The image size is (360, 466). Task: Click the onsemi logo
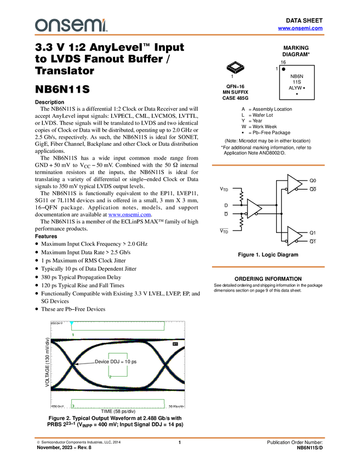pyautogui.click(x=71, y=25)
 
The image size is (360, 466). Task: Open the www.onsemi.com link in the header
pyautogui.click(x=300, y=28)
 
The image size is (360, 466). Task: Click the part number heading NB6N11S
pyautogui.click(x=62, y=89)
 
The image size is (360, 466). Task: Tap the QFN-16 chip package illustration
pyautogui.click(x=235, y=68)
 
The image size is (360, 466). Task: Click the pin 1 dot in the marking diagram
pyautogui.click(x=283, y=69)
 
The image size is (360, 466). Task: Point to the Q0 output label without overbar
pyautogui.click(x=313, y=180)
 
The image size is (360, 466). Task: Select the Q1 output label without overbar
pyautogui.click(x=313, y=232)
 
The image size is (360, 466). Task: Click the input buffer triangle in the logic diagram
pyautogui.click(x=254, y=209)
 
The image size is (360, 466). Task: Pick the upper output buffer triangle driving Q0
pyautogui.click(x=295, y=184)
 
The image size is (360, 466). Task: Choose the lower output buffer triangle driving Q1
pyautogui.click(x=295, y=236)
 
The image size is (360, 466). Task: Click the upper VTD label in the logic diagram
pyautogui.click(x=224, y=189)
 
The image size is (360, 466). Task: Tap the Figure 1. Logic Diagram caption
pyautogui.click(x=268, y=255)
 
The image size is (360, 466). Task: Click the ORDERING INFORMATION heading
pyautogui.click(x=268, y=279)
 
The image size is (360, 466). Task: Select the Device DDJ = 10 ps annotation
pyautogui.click(x=116, y=362)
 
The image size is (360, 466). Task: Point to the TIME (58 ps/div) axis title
pyautogui.click(x=118, y=411)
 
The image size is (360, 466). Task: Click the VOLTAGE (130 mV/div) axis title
pyautogui.click(x=47, y=362)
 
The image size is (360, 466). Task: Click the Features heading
pyautogui.click(x=46, y=236)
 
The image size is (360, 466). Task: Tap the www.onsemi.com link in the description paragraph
pyautogui.click(x=129, y=214)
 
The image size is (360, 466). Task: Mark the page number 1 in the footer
pyautogui.click(x=180, y=442)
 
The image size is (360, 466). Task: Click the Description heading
pyautogui.click(x=50, y=102)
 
